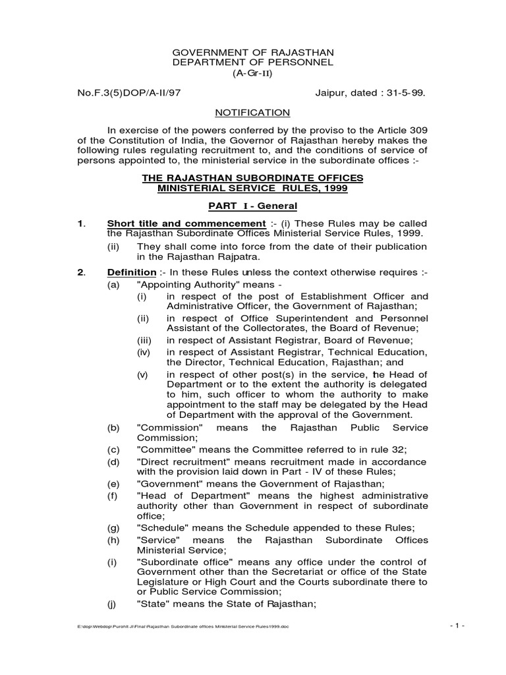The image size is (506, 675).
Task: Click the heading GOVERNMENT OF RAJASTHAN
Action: click(x=253, y=51)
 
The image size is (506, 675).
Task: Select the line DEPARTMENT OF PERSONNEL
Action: click(x=253, y=62)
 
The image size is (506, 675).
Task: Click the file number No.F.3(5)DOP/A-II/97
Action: click(x=129, y=93)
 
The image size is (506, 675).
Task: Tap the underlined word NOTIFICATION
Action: click(x=253, y=113)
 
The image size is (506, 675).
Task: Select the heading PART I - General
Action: click(x=253, y=206)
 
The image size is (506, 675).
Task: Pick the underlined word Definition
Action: click(x=132, y=272)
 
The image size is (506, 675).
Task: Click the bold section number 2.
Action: click(x=81, y=272)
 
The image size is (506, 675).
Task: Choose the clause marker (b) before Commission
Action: click(x=113, y=428)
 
